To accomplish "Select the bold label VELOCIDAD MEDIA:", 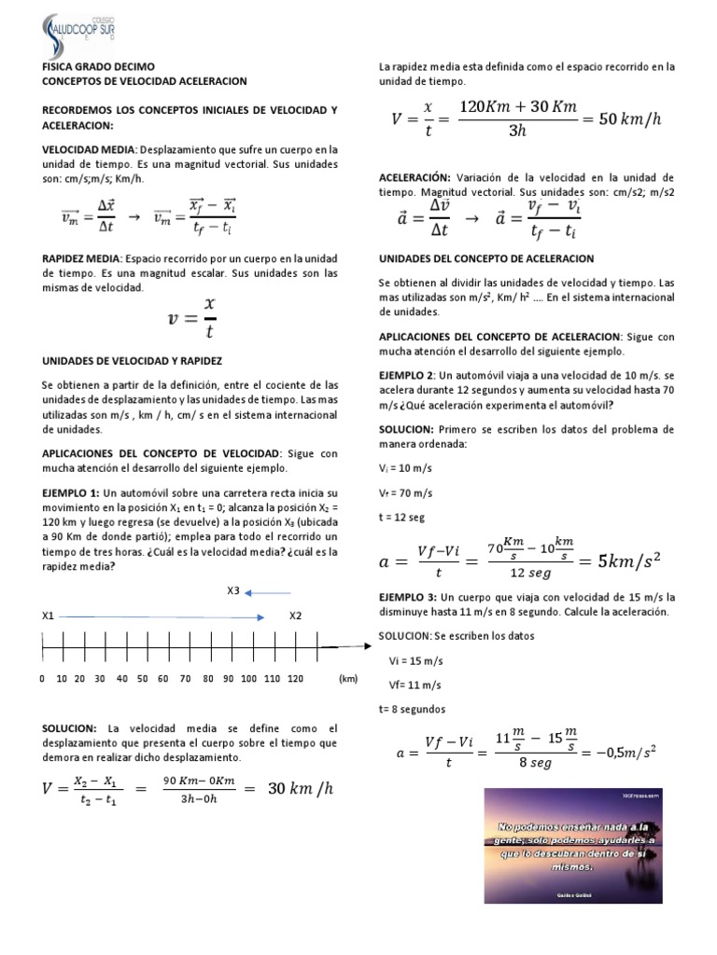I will pos(89,149).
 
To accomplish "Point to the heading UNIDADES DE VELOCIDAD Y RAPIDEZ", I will pos(133,359).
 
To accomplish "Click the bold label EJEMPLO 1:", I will pos(71,491).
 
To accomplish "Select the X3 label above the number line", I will pos(233,590).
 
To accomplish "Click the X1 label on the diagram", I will pos(49,616).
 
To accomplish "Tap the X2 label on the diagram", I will pos(296,616).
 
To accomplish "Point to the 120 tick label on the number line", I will pos(296,679).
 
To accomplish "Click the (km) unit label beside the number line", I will pos(348,679).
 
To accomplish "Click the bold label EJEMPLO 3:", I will pos(408,596).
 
